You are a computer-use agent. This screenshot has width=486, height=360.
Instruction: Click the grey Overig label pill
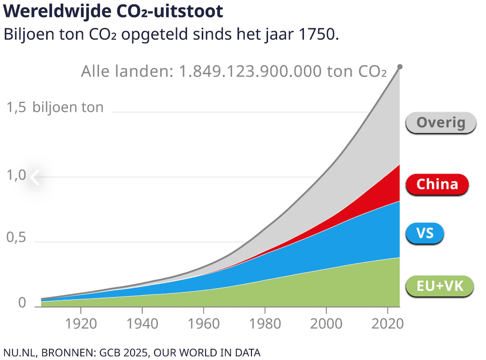tap(441, 122)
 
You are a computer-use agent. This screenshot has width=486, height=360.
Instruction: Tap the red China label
tap(437, 184)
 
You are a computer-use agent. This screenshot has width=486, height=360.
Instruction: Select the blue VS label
tap(425, 233)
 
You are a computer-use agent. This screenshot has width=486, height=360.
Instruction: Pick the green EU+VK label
tap(439, 286)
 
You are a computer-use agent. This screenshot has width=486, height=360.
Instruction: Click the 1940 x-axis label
tap(142, 323)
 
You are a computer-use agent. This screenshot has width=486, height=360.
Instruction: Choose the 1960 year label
tap(203, 323)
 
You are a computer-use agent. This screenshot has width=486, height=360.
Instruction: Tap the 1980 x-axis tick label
tap(265, 323)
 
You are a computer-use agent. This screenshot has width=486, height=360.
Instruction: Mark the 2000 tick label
tap(326, 323)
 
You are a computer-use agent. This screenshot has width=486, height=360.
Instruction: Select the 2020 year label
tap(387, 323)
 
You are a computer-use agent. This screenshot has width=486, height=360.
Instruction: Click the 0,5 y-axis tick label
tap(16, 238)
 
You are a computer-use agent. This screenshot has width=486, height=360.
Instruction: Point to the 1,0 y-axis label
tap(16, 176)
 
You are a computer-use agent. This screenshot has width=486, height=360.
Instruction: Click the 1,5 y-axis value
tap(16, 108)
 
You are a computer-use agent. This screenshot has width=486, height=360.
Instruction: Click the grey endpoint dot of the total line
tap(399, 67)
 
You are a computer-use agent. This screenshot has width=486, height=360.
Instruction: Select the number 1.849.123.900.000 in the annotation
tap(250, 71)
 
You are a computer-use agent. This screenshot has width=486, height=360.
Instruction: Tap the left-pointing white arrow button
tap(35, 178)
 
